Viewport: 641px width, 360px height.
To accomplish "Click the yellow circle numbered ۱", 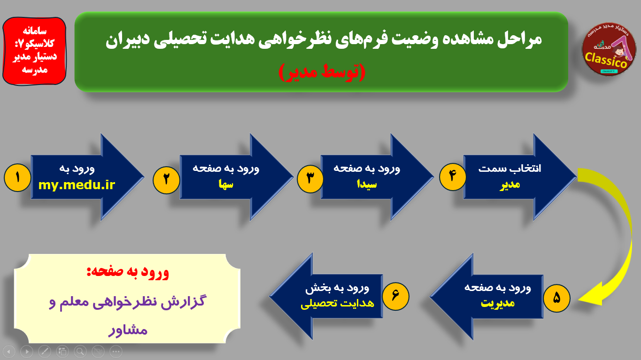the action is (x=17, y=177).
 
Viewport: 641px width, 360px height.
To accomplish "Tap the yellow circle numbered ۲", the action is (x=166, y=180).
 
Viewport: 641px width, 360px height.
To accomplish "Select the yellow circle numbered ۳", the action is (x=310, y=179).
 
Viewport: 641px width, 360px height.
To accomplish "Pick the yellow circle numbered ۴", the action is (x=452, y=176).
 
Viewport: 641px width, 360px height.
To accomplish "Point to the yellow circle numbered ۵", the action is (x=556, y=298).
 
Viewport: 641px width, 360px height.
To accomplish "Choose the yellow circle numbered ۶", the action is (x=395, y=296).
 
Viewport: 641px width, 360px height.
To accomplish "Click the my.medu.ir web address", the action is (x=77, y=185).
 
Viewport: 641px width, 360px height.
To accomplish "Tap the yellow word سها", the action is (x=226, y=184).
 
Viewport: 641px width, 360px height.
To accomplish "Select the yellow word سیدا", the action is (x=367, y=184).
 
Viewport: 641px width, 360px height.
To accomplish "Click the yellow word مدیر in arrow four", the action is (x=510, y=185).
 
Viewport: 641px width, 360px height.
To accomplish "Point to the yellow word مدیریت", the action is (x=498, y=303).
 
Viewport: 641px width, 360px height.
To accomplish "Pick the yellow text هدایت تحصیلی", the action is (x=337, y=303).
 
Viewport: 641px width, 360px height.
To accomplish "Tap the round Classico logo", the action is (x=609, y=49).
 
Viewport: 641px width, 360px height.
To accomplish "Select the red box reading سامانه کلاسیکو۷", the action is (x=34, y=51).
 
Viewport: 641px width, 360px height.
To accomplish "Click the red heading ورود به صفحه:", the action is (x=128, y=272).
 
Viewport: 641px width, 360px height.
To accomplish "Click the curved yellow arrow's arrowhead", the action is (x=591, y=295).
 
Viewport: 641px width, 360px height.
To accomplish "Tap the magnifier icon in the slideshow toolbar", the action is (x=80, y=352).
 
